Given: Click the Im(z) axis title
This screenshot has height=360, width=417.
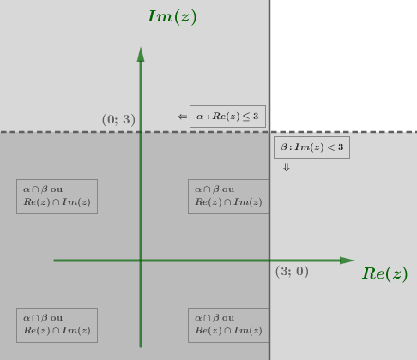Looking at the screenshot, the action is tap(172, 16).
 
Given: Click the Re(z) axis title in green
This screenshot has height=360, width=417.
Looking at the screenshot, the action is tap(385, 273).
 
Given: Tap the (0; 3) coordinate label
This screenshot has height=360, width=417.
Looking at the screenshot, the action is tap(118, 119).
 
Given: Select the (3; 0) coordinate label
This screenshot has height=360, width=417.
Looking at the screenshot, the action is tap(292, 271).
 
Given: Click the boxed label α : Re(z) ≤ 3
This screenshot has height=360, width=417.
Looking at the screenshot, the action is tap(227, 117).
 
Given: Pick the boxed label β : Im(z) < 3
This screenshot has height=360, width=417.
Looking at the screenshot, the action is tap(311, 147).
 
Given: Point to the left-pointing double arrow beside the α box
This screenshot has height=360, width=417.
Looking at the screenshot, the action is tap(182, 117).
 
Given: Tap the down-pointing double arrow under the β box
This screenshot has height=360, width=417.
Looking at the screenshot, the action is tap(287, 167).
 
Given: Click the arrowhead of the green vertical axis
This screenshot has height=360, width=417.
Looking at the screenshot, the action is tap(141, 54).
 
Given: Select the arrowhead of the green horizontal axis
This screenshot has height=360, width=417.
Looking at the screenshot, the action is tap(347, 261).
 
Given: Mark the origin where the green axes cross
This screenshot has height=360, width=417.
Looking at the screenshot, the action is tap(141, 261).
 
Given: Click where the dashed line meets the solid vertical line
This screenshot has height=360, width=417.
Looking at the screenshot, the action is tap(269, 132).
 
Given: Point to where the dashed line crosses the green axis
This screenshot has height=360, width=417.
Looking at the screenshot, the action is tap(141, 132).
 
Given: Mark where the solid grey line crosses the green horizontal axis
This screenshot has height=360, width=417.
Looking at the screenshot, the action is tap(269, 261).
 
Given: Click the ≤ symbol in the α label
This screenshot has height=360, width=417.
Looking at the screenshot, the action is tap(246, 117).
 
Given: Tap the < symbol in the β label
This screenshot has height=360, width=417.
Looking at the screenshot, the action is tap(331, 147).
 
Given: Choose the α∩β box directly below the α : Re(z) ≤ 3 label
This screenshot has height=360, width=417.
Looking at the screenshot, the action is tap(228, 196).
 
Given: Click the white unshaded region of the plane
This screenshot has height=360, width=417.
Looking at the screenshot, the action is tap(343, 65).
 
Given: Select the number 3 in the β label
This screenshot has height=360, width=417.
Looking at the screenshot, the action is tap(341, 147).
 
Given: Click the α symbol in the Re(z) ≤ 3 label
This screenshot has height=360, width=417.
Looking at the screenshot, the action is tap(200, 117).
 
